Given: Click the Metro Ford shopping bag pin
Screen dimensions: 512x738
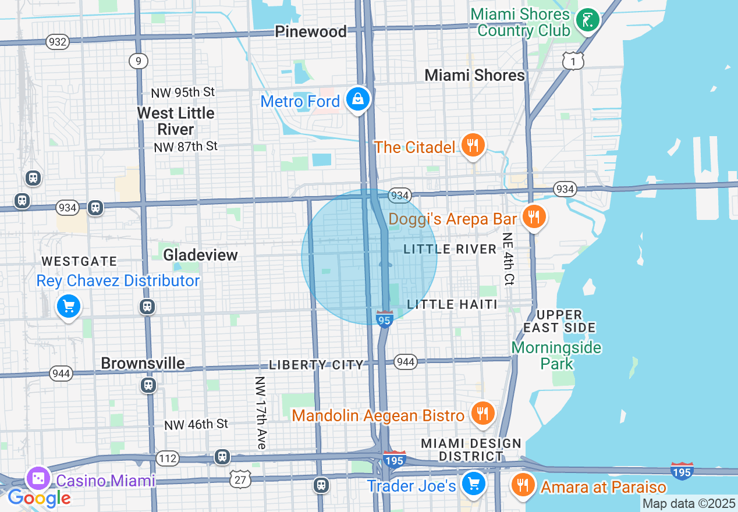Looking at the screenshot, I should click(359, 99).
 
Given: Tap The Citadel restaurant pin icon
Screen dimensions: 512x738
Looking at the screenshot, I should click(473, 145).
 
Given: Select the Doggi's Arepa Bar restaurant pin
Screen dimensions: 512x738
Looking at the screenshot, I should click(533, 217).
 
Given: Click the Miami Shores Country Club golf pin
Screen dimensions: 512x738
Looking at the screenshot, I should click(588, 20).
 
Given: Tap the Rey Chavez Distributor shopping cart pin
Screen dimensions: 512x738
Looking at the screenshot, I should click(69, 305).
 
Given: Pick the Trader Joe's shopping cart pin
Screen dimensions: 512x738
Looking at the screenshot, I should click(474, 483).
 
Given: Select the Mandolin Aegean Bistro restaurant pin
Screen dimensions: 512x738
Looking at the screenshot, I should click(482, 414).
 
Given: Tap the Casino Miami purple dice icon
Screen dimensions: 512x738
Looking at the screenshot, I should click(38, 479).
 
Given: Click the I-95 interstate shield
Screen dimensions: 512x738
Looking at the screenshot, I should click(384, 319).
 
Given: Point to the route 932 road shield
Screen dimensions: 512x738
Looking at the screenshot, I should click(58, 42).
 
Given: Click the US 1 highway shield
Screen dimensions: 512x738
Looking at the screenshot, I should click(573, 60).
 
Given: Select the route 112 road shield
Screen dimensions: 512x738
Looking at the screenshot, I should click(168, 459).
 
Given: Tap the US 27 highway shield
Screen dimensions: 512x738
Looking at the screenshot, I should click(240, 478).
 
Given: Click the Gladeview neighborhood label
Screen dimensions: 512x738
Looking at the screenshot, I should click(200, 255).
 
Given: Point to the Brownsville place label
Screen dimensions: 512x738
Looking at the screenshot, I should click(143, 363).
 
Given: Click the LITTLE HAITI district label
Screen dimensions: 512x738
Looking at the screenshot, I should click(452, 304).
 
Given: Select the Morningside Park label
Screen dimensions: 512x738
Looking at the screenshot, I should click(556, 355).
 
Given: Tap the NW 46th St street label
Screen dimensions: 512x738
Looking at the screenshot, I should click(196, 425).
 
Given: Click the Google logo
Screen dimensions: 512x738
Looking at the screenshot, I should click(38, 498).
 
